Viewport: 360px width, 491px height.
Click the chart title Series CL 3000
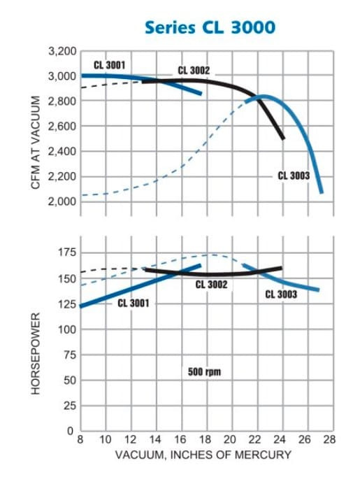(x=210, y=27)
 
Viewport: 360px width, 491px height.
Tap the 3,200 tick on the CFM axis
(x=62, y=51)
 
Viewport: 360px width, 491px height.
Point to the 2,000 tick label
(x=62, y=201)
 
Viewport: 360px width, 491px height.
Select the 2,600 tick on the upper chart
(x=62, y=126)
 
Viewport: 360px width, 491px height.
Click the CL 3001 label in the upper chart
(x=109, y=65)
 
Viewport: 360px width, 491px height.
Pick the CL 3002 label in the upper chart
(x=194, y=71)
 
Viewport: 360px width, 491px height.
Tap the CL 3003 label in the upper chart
(x=294, y=176)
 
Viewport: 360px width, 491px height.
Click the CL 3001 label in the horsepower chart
(x=134, y=303)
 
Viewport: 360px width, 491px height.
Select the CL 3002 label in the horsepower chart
(x=211, y=285)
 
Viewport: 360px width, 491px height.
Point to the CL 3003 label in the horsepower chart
(x=281, y=294)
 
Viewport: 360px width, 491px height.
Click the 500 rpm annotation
(x=204, y=371)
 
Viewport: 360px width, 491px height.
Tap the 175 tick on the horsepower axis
(x=67, y=252)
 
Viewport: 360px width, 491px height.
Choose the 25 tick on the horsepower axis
(x=70, y=406)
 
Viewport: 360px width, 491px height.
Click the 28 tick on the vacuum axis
(x=329, y=439)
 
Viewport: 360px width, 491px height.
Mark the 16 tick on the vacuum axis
(x=180, y=439)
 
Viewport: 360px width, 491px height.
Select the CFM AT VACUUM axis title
(x=36, y=143)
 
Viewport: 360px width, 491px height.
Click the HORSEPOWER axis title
(x=36, y=353)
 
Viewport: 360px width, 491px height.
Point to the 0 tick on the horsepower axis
(x=70, y=431)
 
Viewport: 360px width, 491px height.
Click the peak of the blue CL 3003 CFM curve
(x=263, y=97)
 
